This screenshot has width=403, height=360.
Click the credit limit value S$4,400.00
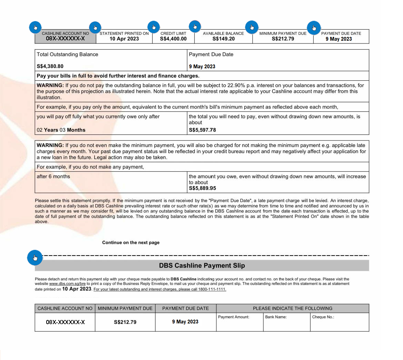173,39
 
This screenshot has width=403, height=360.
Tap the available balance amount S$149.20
224,39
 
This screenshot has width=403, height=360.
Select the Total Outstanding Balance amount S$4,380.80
50,66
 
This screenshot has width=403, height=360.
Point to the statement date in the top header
124,39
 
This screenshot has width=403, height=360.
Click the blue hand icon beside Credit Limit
154,27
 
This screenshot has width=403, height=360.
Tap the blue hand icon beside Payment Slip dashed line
35,258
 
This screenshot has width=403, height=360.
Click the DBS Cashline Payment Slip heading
202,266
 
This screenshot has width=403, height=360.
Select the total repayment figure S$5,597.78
203,130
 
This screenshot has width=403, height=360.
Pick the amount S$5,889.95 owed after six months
203,188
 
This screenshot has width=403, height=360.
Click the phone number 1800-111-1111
212,289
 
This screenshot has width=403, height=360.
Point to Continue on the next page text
131,242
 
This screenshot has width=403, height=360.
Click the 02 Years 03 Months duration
61,130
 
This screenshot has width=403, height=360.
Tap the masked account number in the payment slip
65,322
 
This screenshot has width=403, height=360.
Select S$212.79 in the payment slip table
125,322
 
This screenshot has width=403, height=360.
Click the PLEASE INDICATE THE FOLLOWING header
293,308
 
